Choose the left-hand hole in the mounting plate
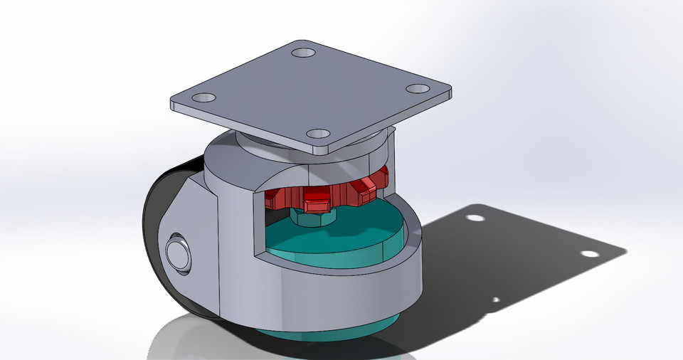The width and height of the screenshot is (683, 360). pos(205,97)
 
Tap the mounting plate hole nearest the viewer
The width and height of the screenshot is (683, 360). pos(317,134)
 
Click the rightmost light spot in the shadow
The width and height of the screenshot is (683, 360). pos(589,253)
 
